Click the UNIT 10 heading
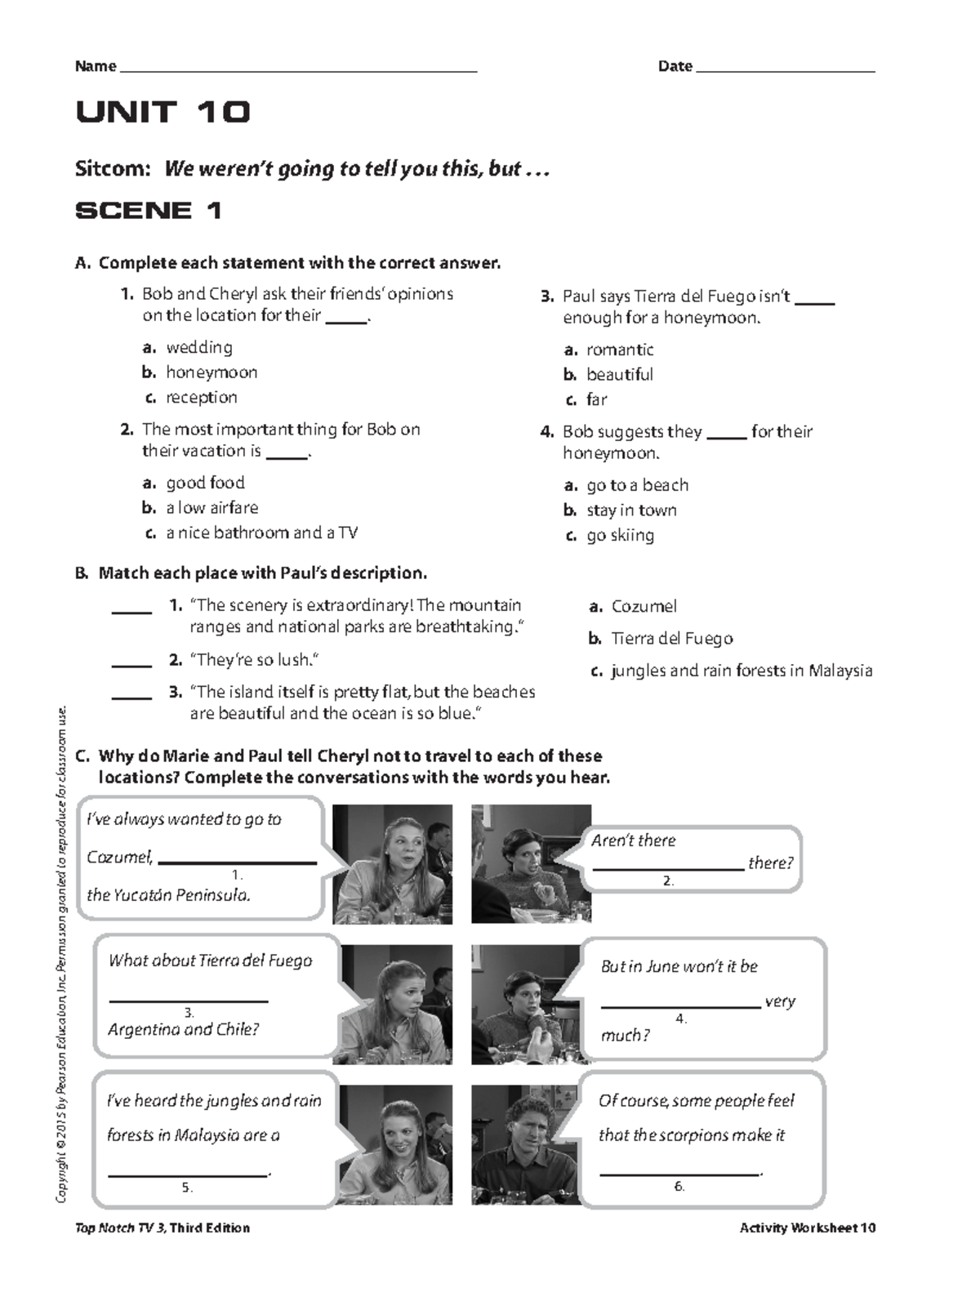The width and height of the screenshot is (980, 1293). click(163, 112)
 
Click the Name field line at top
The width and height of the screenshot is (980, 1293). click(298, 71)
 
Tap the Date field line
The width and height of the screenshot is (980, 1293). click(785, 71)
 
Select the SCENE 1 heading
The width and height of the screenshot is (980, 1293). click(149, 211)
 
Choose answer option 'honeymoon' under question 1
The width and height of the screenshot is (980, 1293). click(212, 372)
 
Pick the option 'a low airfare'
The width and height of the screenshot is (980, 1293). click(212, 508)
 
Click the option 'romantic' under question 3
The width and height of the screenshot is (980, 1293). click(620, 350)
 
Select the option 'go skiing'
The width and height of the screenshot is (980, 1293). click(620, 536)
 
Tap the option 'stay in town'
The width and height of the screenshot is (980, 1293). click(631, 511)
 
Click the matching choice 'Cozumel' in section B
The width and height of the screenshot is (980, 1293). click(644, 607)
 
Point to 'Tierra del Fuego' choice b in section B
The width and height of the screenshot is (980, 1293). click(671, 639)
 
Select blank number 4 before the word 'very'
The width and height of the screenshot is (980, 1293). click(680, 1005)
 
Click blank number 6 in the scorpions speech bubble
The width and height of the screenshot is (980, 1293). click(679, 1172)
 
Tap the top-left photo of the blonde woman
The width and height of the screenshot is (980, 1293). click(392, 864)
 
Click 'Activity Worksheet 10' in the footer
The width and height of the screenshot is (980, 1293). click(807, 1228)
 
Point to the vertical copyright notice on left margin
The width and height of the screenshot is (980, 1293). click(62, 956)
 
